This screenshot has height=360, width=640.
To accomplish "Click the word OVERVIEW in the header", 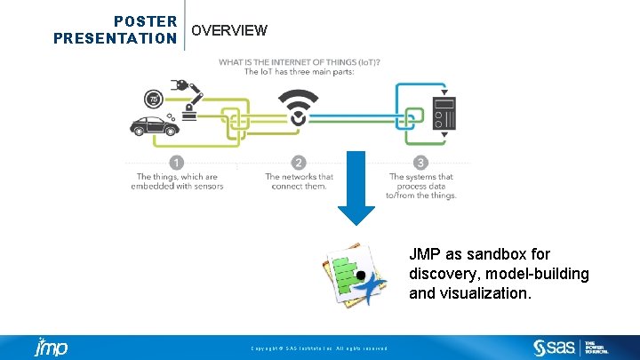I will tap(229, 30).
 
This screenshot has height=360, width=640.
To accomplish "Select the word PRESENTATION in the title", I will tap(115, 38).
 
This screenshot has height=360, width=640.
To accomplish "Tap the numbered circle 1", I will tap(176, 163).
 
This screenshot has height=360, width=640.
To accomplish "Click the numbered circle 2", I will tap(299, 163).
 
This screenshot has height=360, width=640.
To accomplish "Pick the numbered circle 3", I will tap(420, 163).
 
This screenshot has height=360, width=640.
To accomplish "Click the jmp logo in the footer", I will tap(52, 347).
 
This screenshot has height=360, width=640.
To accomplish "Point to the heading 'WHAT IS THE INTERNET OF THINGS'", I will tap(300, 61).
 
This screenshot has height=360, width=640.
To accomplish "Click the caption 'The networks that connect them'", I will tap(299, 181).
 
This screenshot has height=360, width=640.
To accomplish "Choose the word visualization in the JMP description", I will tap(485, 292).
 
